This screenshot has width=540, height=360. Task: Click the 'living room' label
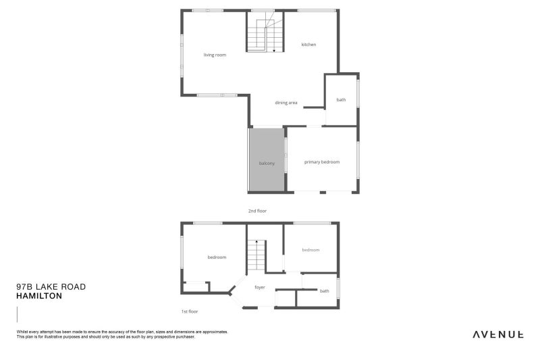pos(215,55)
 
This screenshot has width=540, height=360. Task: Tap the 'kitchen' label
pos(308,45)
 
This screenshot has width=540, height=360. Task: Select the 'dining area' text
pos(286,103)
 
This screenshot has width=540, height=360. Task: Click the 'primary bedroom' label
pos(321,162)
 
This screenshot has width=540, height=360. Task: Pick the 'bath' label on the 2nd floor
pos(341,100)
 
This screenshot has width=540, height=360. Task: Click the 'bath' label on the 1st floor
pos(325,291)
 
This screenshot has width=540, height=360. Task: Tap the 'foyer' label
pos(259,287)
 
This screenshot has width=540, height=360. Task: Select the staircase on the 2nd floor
pos(265,34)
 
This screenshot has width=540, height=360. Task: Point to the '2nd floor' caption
pos(257,211)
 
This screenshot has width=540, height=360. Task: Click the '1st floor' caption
pos(190,311)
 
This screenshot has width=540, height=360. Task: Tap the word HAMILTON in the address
pos(39,296)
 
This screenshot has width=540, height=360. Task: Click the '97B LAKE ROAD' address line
pos(51,287)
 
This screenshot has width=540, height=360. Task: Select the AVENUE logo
pos(497,334)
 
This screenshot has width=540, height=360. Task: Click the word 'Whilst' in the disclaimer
pos(22,332)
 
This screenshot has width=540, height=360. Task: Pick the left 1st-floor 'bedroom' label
pos(217,257)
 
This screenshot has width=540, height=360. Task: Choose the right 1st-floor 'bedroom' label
pos(310,250)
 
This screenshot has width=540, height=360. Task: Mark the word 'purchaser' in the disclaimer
pos(184,336)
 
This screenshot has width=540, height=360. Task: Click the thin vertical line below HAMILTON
pos(17,315)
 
